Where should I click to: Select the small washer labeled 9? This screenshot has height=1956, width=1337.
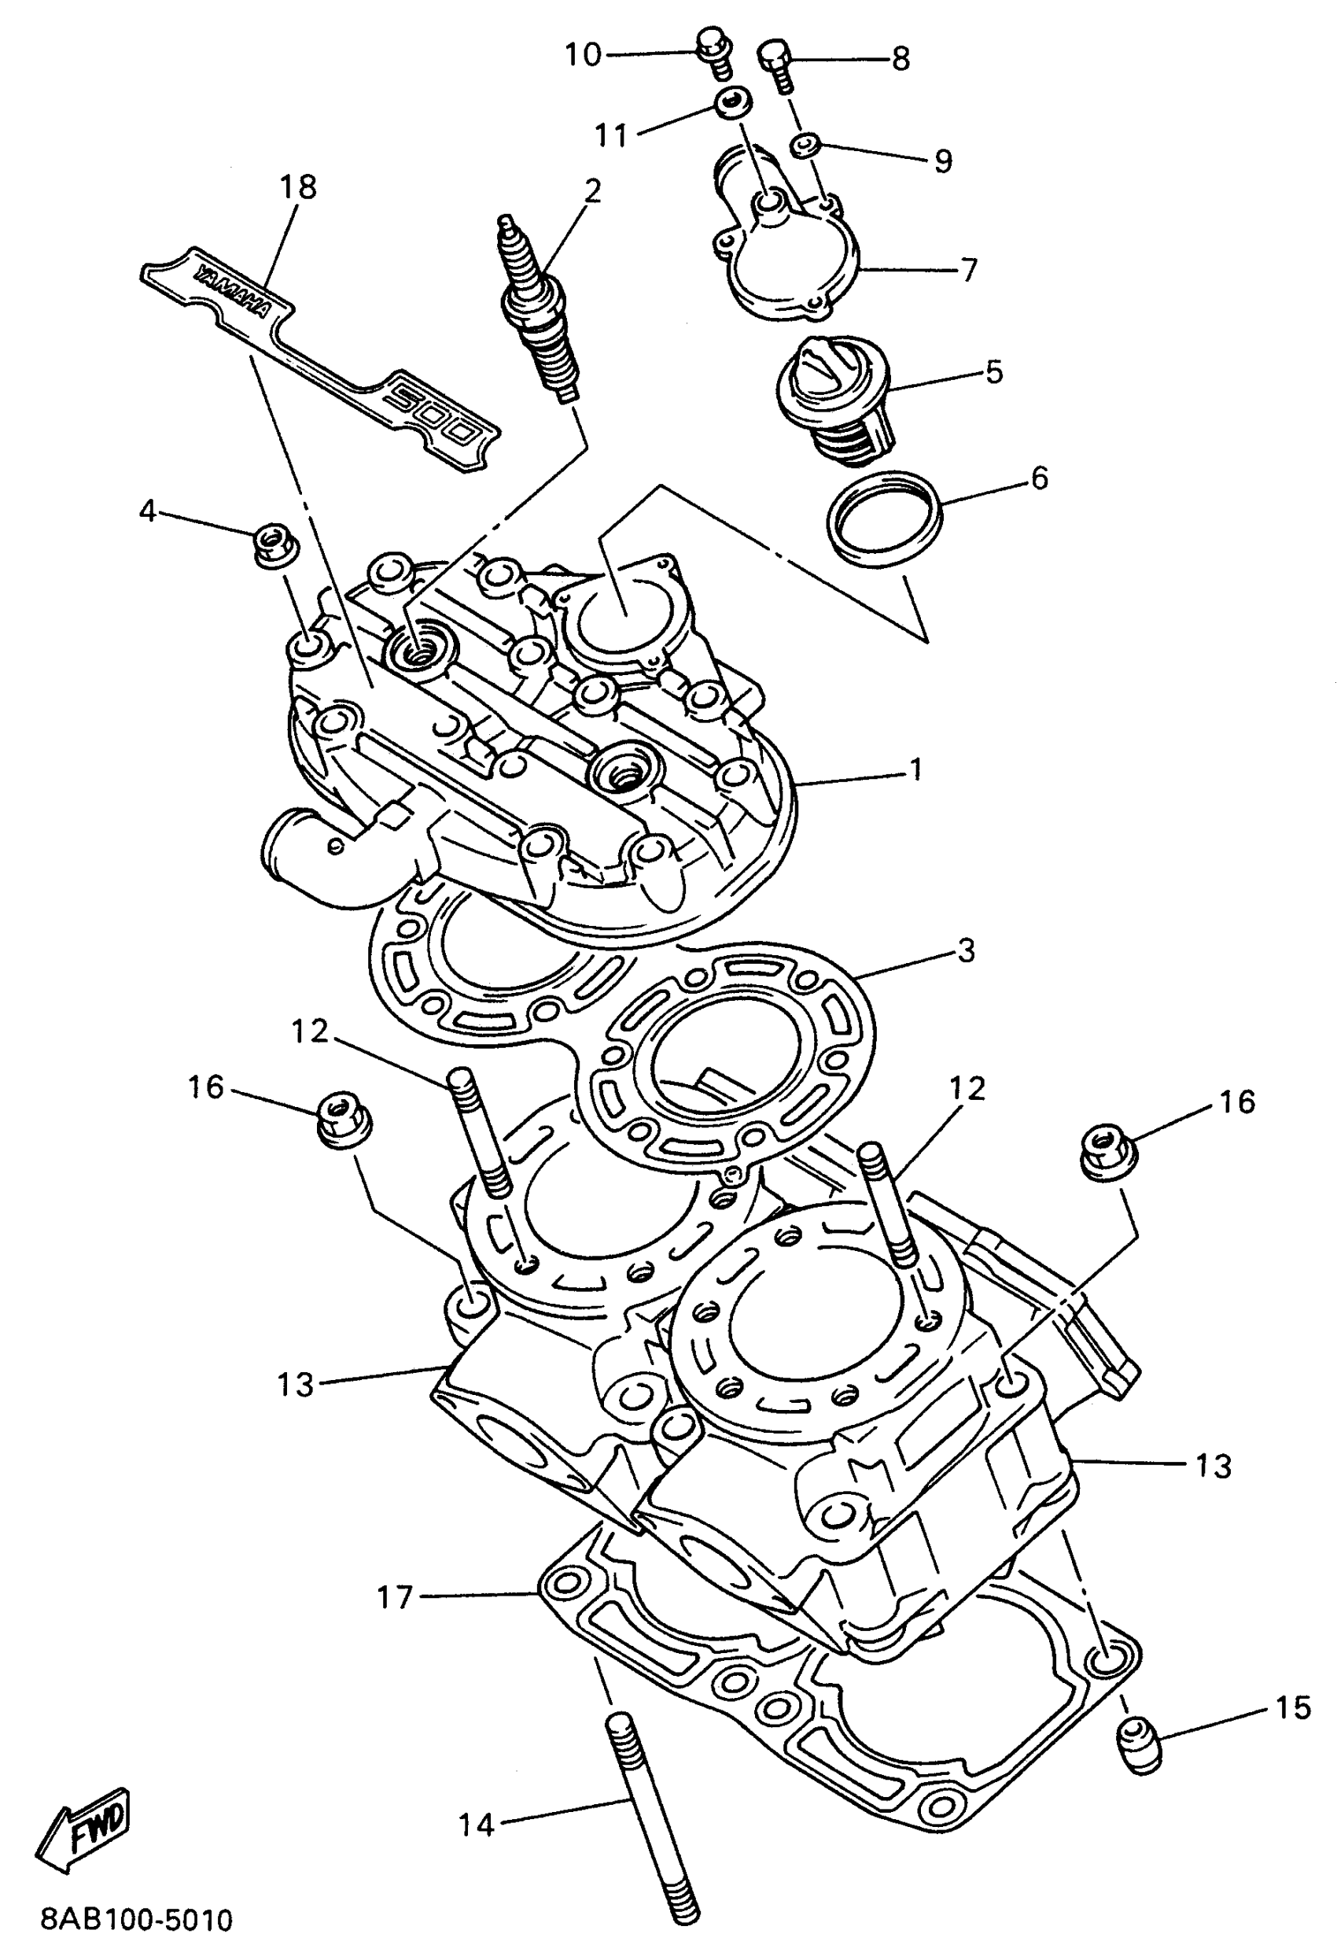805,145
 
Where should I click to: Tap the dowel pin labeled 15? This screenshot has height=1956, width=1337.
1140,1744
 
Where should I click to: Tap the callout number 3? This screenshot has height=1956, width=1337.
965,950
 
